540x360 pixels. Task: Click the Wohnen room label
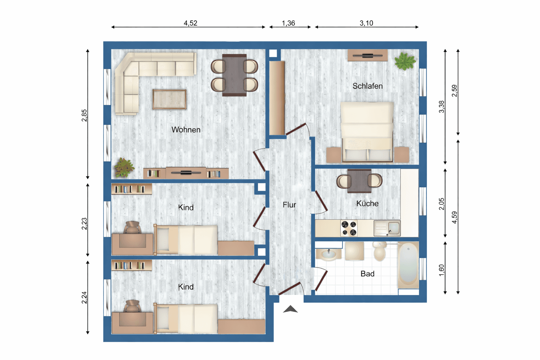click(186, 130)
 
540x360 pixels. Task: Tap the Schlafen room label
click(367, 86)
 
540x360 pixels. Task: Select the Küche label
click(367, 204)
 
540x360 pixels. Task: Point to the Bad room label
click(367, 274)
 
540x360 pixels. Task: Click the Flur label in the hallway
click(289, 205)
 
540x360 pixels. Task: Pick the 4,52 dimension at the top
click(190, 23)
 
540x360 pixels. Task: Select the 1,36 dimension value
click(288, 23)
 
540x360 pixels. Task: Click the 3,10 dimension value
click(366, 23)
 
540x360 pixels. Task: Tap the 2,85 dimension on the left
click(84, 116)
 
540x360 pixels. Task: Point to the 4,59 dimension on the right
click(455, 217)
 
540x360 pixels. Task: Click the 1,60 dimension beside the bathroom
click(442, 270)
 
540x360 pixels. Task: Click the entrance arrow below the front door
click(290, 309)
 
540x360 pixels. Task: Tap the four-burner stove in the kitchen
click(349, 228)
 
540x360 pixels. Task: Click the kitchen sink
click(387, 228)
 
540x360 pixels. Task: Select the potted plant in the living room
click(123, 168)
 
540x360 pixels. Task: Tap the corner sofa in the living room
click(141, 76)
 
